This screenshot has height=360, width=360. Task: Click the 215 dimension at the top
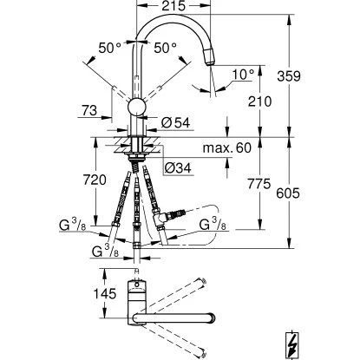pyautogui.click(x=173, y=6)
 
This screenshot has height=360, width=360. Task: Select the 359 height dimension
pyautogui.click(x=289, y=76)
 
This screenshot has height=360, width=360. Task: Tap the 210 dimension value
pyautogui.click(x=259, y=101)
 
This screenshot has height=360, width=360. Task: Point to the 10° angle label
pyautogui.click(x=243, y=75)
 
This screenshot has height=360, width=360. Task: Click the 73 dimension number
pyautogui.click(x=89, y=110)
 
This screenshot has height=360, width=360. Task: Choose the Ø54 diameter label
pyautogui.click(x=176, y=122)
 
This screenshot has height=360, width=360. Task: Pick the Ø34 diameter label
pyautogui.click(x=178, y=167)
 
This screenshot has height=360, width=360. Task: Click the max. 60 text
pyautogui.click(x=227, y=147)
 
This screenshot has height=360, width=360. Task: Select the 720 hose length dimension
pyautogui.click(x=95, y=180)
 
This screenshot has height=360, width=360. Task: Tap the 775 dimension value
pyautogui.click(x=259, y=184)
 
